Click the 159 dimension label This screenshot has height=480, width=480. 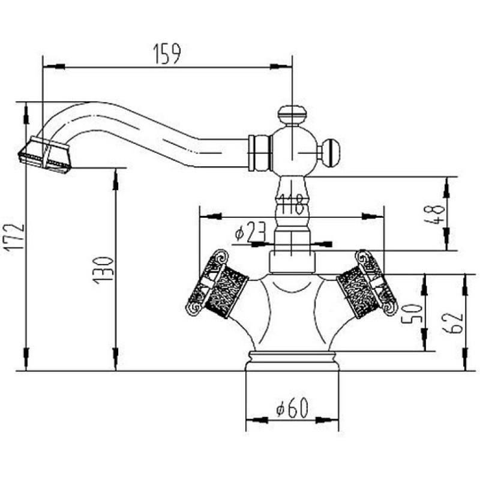[x=167, y=54]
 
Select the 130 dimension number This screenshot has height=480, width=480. [x=104, y=271]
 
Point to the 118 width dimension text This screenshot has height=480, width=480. [x=292, y=204]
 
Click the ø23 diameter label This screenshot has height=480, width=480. [x=250, y=232]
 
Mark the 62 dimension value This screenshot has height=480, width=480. [x=452, y=323]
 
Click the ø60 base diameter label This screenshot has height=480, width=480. [x=292, y=408]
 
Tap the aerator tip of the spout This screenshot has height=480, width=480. [x=45, y=155]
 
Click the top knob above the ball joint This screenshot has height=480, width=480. [x=292, y=115]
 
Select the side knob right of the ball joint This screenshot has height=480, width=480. [x=329, y=152]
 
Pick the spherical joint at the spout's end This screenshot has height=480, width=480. [x=292, y=152]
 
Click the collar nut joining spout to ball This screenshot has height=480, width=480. [x=260, y=153]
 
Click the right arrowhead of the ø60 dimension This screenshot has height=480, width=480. [x=327, y=420]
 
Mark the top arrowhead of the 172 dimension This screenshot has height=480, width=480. [x=26, y=113]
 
